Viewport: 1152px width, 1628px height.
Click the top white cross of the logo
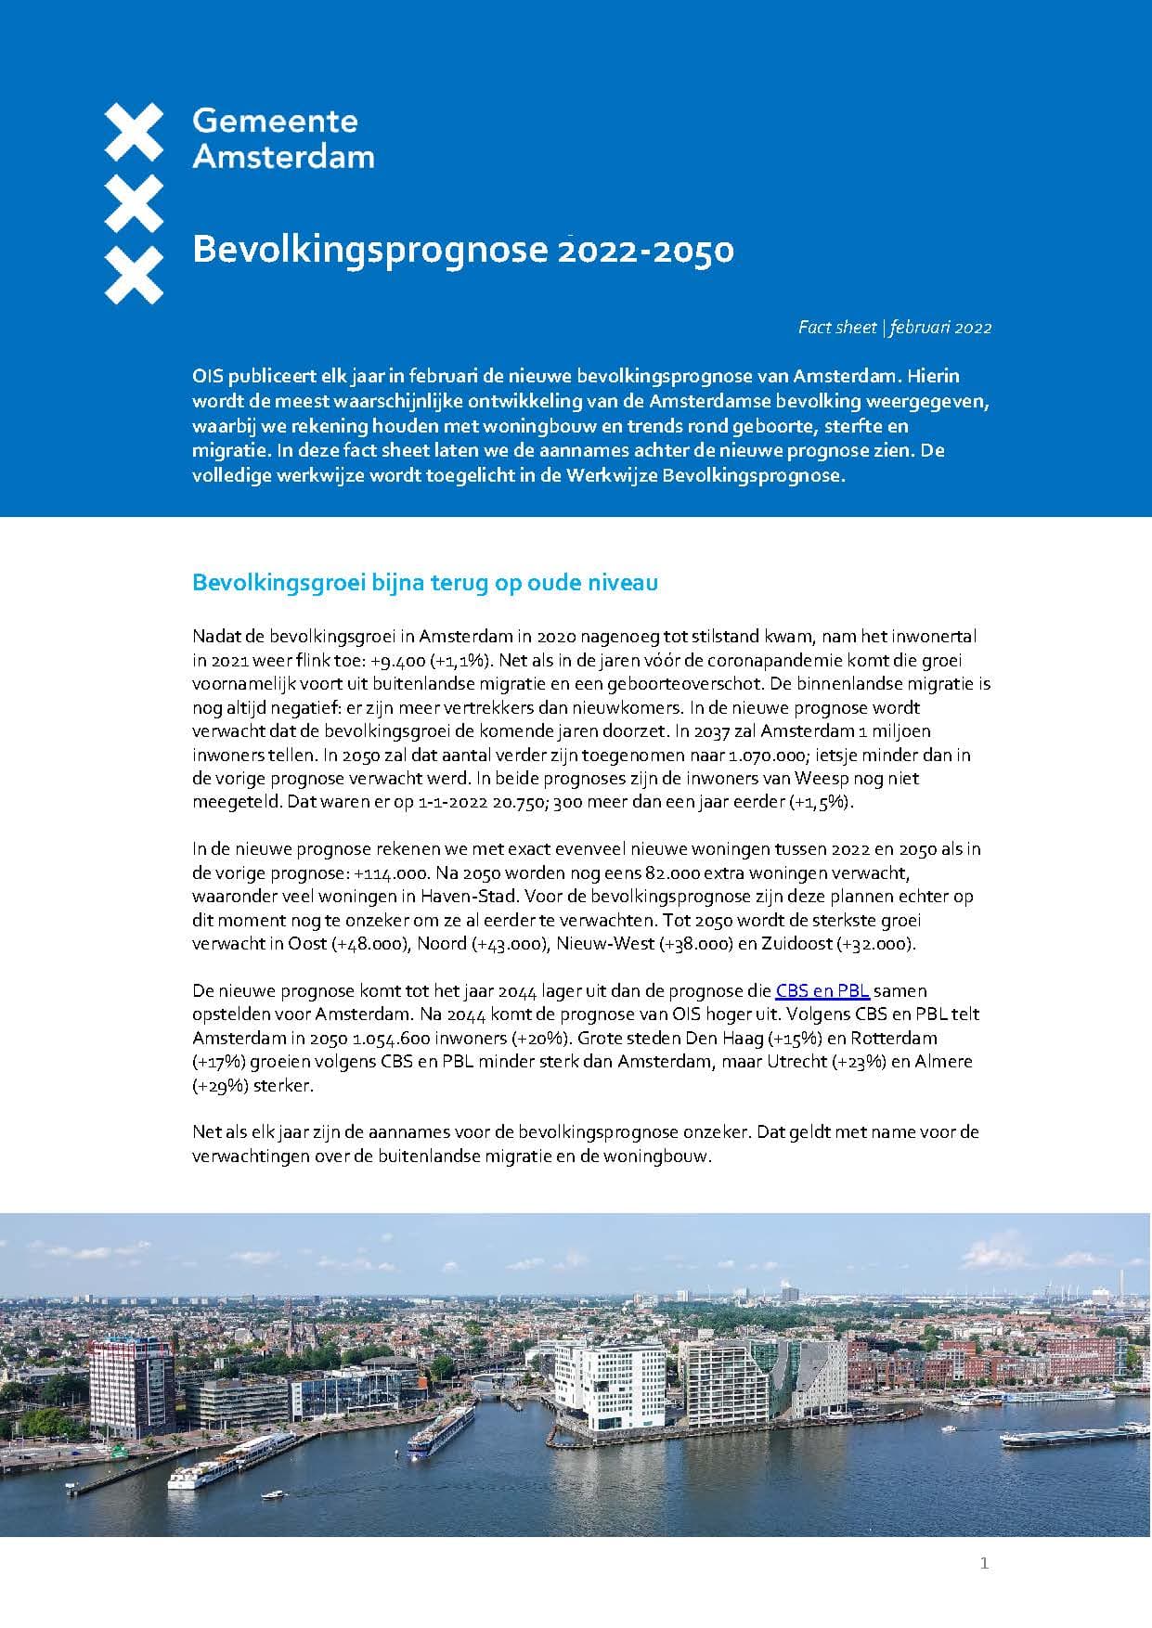pyautogui.click(x=135, y=131)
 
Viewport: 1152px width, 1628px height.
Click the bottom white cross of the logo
pyautogui.click(x=135, y=276)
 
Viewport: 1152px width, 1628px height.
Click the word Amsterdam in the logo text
pyautogui.click(x=283, y=156)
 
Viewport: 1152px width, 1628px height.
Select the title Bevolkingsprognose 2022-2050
pyautogui.click(x=462, y=251)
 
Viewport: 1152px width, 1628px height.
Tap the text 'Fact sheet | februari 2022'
pyautogui.click(x=894, y=328)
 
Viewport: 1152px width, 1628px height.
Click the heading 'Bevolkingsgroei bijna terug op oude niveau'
pyautogui.click(x=424, y=583)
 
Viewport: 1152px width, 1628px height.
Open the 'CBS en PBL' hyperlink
pyautogui.click(x=822, y=990)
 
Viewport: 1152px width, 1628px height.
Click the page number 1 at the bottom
pyautogui.click(x=984, y=1564)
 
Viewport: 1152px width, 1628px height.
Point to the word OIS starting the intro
pyautogui.click(x=208, y=377)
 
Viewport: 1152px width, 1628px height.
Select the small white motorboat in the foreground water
pyautogui.click(x=274, y=1494)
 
